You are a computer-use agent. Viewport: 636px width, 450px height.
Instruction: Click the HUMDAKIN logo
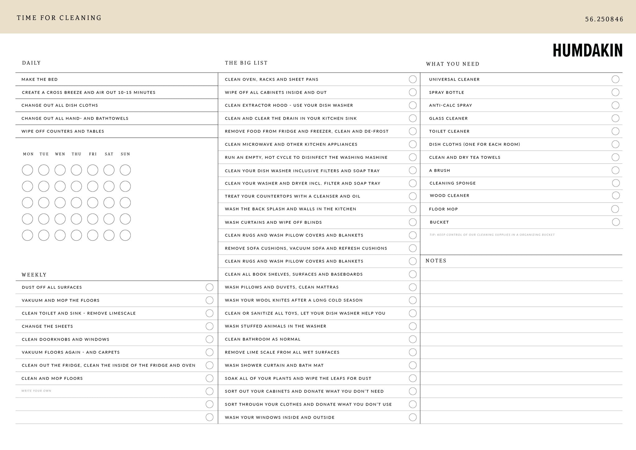tap(588, 50)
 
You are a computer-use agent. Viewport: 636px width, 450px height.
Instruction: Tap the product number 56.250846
tap(604, 19)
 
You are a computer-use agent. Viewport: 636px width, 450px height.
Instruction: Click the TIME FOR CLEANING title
tap(59, 18)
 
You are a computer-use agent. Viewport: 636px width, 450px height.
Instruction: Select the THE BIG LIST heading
tap(246, 63)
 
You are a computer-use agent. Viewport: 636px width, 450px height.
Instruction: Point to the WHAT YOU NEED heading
tap(453, 64)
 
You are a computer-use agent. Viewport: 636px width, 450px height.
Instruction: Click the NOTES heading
tap(436, 261)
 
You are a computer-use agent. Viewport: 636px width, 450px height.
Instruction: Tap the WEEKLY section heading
tap(34, 275)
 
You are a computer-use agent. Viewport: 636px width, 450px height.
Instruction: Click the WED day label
tap(60, 154)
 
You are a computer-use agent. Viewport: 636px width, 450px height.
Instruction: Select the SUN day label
tap(125, 154)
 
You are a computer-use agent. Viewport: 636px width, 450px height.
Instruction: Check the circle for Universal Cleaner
tap(615, 79)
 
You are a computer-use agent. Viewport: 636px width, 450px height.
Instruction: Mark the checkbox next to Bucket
tap(616, 222)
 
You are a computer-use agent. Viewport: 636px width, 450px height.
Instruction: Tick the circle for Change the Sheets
tap(210, 326)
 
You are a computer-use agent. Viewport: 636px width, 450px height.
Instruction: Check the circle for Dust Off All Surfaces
tap(210, 287)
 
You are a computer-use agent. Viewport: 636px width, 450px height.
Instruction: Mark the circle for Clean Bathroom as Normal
tap(413, 339)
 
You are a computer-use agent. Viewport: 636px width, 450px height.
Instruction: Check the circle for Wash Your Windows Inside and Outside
tap(413, 417)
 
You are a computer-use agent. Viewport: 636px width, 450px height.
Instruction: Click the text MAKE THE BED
tap(40, 80)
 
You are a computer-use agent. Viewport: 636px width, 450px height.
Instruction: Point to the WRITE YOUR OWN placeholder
tap(36, 391)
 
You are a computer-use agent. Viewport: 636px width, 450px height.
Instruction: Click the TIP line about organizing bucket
tap(492, 235)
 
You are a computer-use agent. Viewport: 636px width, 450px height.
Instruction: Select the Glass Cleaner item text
tap(448, 118)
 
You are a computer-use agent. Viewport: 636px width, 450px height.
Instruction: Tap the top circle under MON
tap(27, 170)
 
